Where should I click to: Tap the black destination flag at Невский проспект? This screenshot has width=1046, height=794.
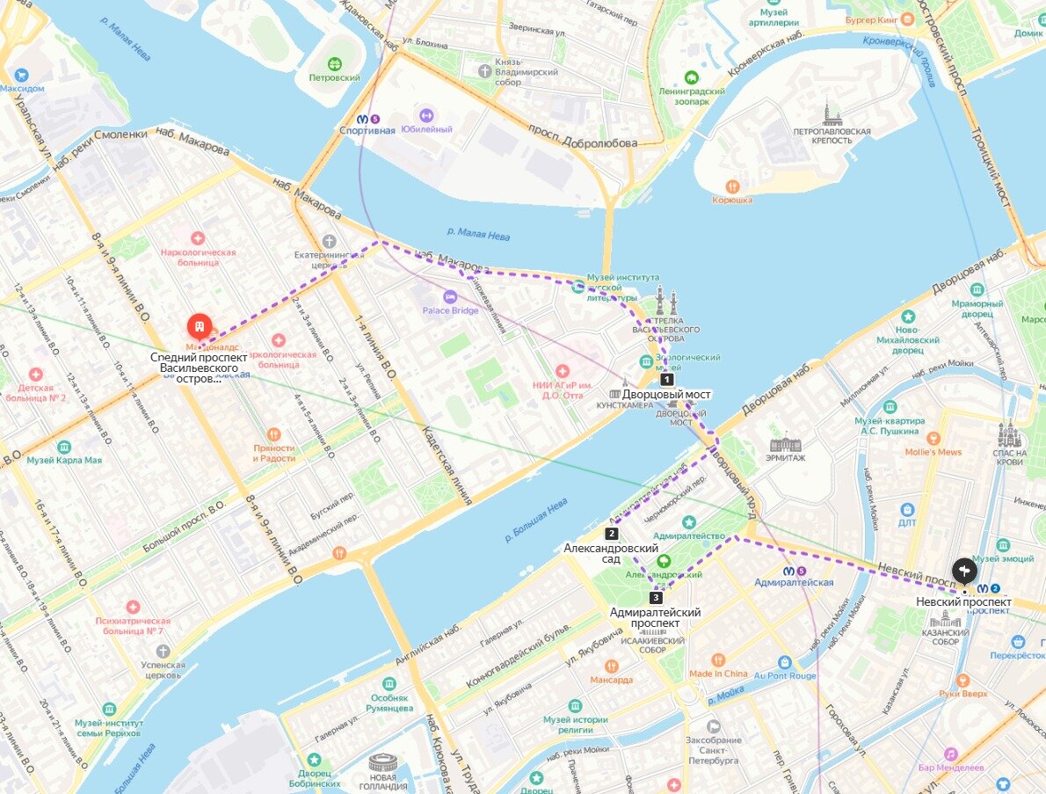(963, 570)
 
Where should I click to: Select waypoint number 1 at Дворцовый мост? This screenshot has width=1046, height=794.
(667, 380)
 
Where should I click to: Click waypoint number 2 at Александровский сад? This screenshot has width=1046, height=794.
(612, 533)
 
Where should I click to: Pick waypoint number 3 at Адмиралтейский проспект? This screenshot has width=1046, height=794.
(656, 598)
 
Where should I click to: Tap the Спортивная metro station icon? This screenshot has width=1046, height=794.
(362, 118)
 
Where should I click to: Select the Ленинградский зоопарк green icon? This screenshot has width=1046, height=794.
(691, 77)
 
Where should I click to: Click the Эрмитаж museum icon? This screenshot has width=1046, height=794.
(785, 444)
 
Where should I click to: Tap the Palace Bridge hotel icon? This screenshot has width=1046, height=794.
(450, 296)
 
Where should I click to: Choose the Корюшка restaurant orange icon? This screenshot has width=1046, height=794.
(732, 186)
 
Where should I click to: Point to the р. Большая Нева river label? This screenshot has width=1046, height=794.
(537, 519)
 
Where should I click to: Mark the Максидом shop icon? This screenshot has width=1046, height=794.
(22, 75)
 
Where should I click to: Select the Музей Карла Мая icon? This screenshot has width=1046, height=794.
(63, 446)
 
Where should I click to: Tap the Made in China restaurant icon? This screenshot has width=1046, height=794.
(718, 659)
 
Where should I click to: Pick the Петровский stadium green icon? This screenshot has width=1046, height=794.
(334, 64)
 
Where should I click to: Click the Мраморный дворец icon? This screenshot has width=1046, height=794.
(977, 290)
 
